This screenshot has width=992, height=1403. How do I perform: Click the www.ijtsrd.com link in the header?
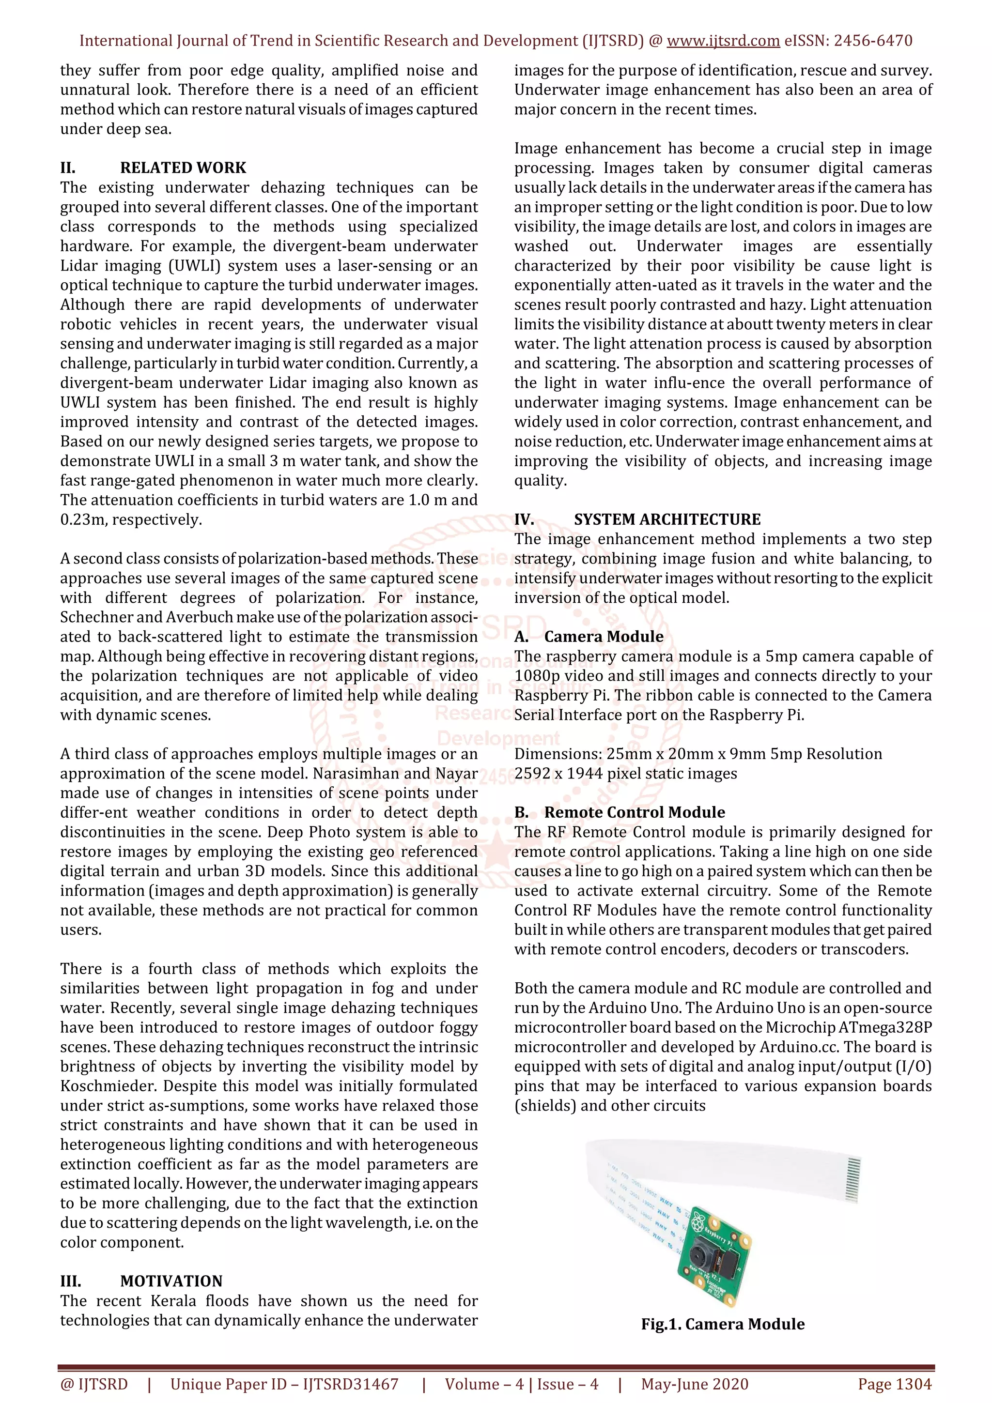click(723, 41)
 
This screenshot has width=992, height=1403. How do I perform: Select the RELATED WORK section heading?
click(183, 168)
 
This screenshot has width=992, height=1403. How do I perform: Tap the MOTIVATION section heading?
click(171, 1281)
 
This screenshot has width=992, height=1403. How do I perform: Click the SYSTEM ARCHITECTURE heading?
click(667, 519)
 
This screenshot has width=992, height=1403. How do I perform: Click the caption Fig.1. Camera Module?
click(723, 1324)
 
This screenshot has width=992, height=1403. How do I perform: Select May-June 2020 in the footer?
click(694, 1384)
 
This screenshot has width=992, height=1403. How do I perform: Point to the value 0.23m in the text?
click(82, 520)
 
